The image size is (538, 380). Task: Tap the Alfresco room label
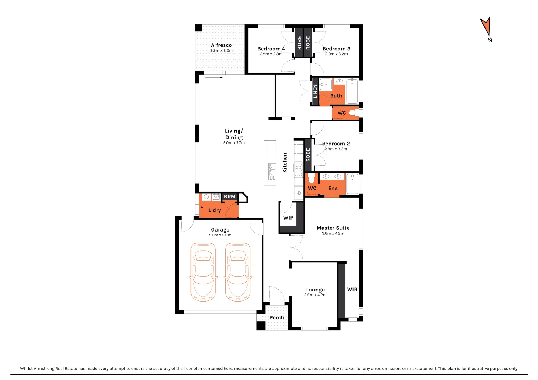221,45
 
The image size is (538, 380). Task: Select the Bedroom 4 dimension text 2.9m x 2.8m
271,54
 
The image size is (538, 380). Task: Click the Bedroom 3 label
336,49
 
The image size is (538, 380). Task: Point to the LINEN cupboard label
315,91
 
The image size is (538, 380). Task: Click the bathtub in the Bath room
352,91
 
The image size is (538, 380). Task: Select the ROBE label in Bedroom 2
308,155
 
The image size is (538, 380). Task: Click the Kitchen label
285,163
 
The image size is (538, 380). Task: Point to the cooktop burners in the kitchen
298,170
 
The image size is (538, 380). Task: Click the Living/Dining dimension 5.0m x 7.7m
234,143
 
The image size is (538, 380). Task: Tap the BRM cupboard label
230,197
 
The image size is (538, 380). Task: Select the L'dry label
214,210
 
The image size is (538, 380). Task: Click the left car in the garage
203,272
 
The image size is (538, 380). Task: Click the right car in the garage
238,272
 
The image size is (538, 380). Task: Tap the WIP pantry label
288,218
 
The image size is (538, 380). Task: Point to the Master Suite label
333,228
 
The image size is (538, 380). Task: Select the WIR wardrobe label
352,290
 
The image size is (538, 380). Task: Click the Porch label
277,318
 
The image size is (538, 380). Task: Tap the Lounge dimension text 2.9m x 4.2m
315,295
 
